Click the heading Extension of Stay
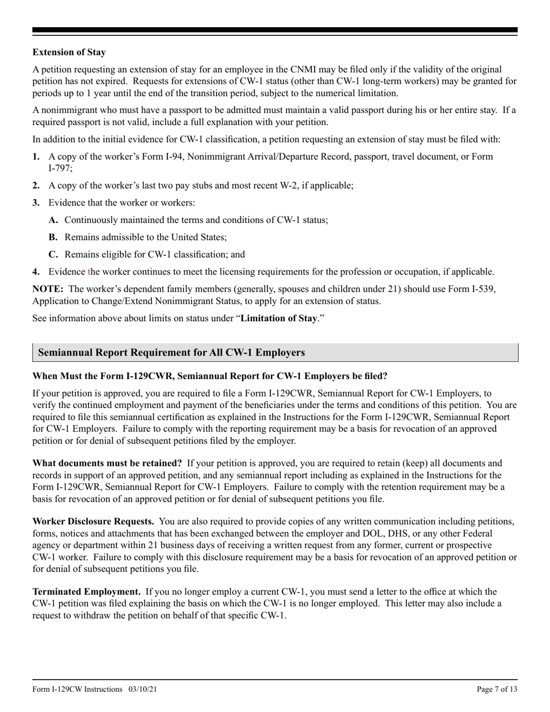click(x=69, y=52)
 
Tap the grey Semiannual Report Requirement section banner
click(x=275, y=353)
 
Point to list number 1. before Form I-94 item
click(x=36, y=156)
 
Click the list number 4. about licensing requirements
click(x=36, y=271)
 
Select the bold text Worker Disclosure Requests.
click(x=93, y=522)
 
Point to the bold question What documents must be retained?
click(x=107, y=463)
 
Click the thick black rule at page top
click(x=275, y=30)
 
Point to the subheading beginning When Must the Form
click(x=210, y=376)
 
